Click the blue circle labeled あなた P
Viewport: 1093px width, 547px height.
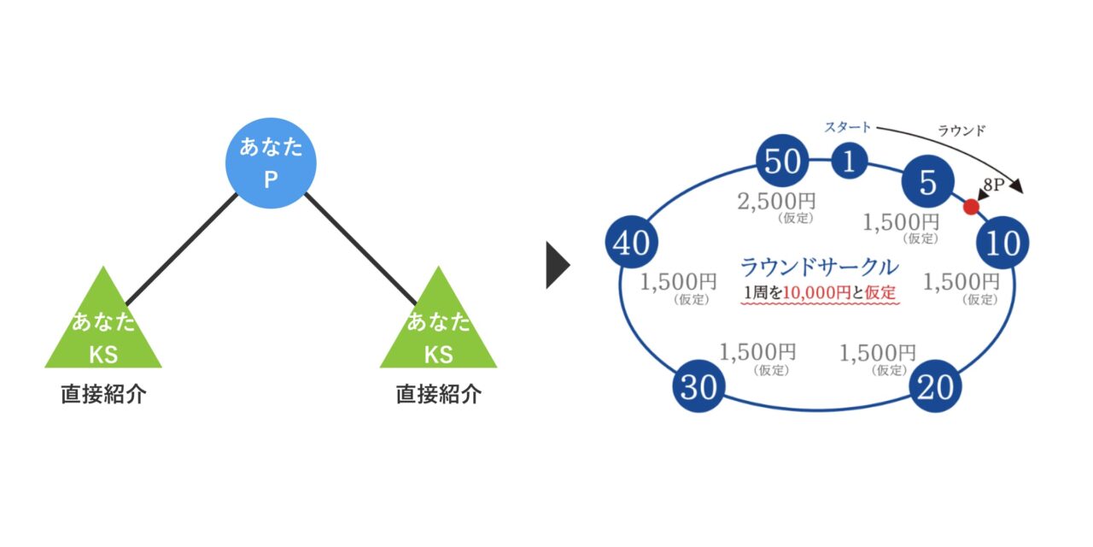pyautogui.click(x=270, y=163)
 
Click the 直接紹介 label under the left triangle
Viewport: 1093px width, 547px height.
pyautogui.click(x=103, y=395)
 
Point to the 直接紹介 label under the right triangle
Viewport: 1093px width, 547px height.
pyautogui.click(x=438, y=395)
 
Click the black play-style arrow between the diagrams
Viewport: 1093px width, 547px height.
pyautogui.click(x=557, y=267)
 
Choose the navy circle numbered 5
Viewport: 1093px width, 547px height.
pyautogui.click(x=927, y=182)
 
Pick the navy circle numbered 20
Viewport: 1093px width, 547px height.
pyautogui.click(x=936, y=387)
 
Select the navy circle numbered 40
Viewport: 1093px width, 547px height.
pyautogui.click(x=631, y=244)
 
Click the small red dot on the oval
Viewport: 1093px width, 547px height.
pyautogui.click(x=971, y=207)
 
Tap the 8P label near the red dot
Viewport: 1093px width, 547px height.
pyautogui.click(x=994, y=183)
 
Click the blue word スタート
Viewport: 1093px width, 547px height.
pyautogui.click(x=847, y=127)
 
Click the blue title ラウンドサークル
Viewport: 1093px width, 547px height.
pyautogui.click(x=819, y=267)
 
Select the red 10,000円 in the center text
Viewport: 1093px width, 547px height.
pyautogui.click(x=816, y=292)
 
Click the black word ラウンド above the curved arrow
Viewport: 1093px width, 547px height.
pyautogui.click(x=961, y=131)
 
